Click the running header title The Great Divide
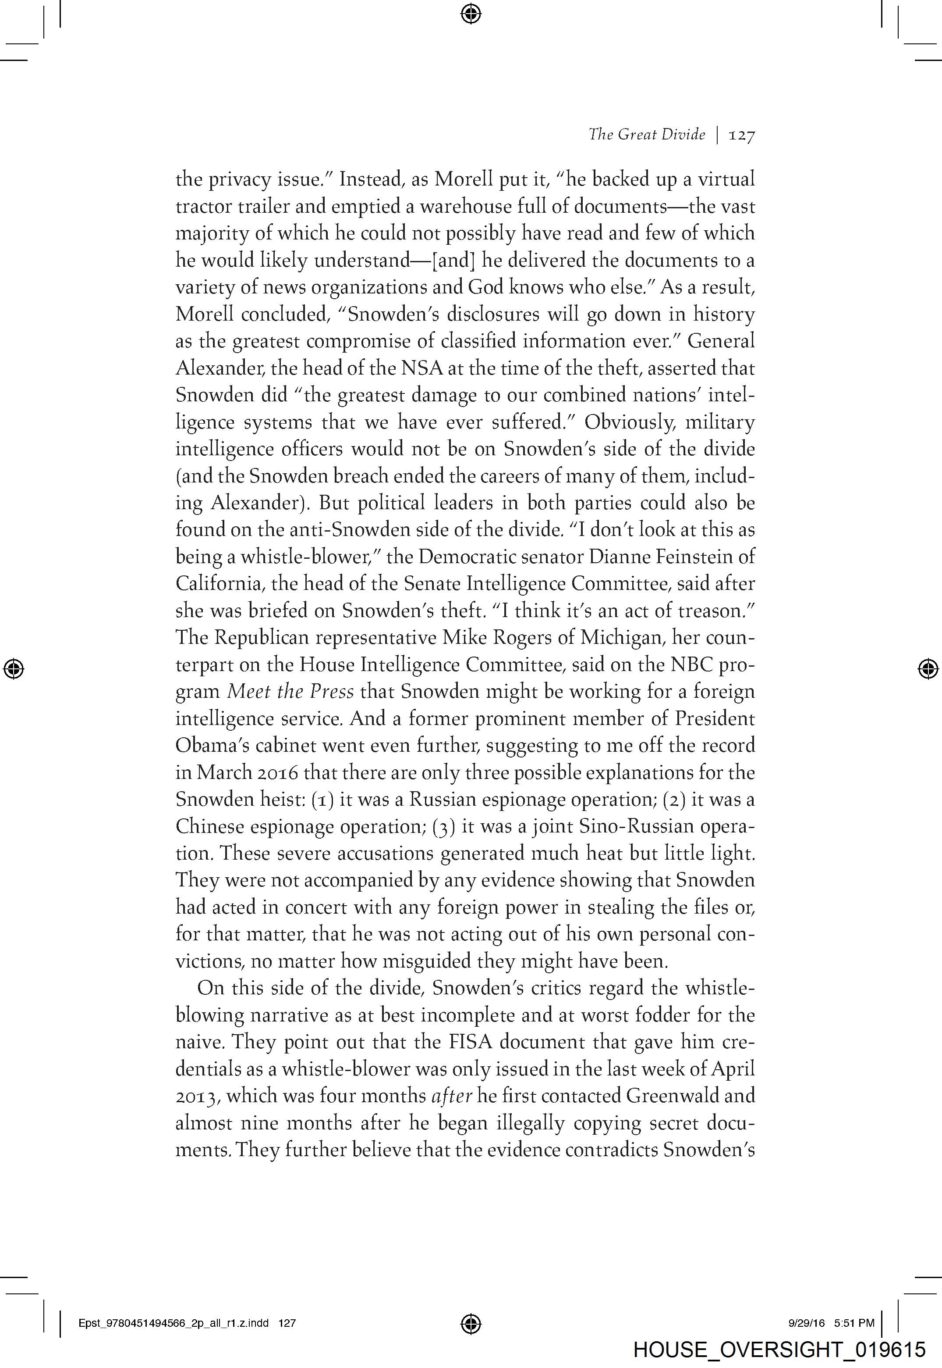click(x=646, y=135)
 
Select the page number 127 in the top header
click(x=742, y=135)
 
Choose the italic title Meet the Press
click(x=290, y=692)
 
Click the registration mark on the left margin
click(x=13, y=668)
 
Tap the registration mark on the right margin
click(x=928, y=668)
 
